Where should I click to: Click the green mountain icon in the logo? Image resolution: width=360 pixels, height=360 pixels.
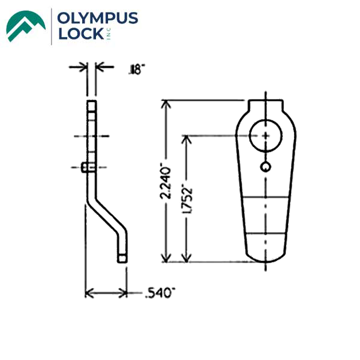(26, 26)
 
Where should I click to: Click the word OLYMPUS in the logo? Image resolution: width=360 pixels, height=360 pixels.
(98, 19)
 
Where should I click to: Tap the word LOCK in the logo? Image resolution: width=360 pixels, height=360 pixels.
(80, 35)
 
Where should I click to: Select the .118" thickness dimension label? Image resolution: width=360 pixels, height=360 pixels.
(136, 71)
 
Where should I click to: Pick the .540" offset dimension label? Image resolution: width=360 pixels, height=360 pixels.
(160, 293)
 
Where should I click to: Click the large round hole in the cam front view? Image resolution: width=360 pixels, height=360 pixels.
(265, 136)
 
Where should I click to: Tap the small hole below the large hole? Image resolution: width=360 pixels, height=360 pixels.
(265, 166)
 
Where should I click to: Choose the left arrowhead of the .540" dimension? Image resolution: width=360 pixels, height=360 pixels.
(89, 293)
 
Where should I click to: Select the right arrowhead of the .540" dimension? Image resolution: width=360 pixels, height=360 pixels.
(124, 293)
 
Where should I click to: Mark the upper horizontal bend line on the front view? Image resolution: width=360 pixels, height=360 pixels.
(265, 198)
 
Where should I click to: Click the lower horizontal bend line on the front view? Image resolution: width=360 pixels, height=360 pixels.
(265, 233)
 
